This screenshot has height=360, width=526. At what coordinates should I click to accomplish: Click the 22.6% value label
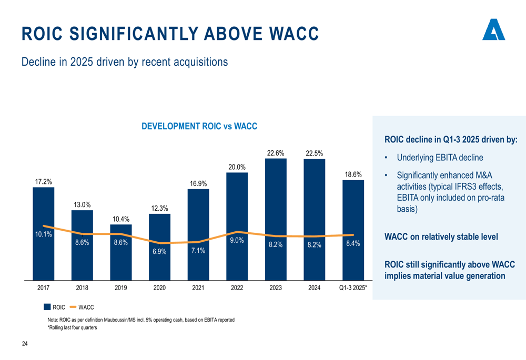point(276,153)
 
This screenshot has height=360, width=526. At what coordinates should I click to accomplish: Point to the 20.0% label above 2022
point(237,167)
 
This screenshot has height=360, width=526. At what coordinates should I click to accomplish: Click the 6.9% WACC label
point(159,252)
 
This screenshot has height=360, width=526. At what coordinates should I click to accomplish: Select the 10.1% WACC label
point(43,234)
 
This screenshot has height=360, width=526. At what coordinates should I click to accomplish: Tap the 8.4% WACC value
point(353,243)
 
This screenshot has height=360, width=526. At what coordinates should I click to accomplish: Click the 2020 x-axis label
point(159,287)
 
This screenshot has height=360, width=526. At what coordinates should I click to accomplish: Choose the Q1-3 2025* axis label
point(353,287)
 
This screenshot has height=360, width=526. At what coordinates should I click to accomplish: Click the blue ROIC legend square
point(47,306)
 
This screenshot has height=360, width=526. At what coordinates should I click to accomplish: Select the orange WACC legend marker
point(73,306)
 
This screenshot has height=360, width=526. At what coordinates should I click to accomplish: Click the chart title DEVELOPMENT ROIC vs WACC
point(199,126)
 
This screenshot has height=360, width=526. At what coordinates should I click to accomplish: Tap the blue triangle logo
point(493,30)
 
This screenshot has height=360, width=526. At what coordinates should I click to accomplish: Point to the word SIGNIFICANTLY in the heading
point(134,34)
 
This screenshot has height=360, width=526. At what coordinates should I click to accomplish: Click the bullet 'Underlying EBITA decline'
point(440,158)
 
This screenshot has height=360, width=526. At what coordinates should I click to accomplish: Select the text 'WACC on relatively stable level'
point(441,236)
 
